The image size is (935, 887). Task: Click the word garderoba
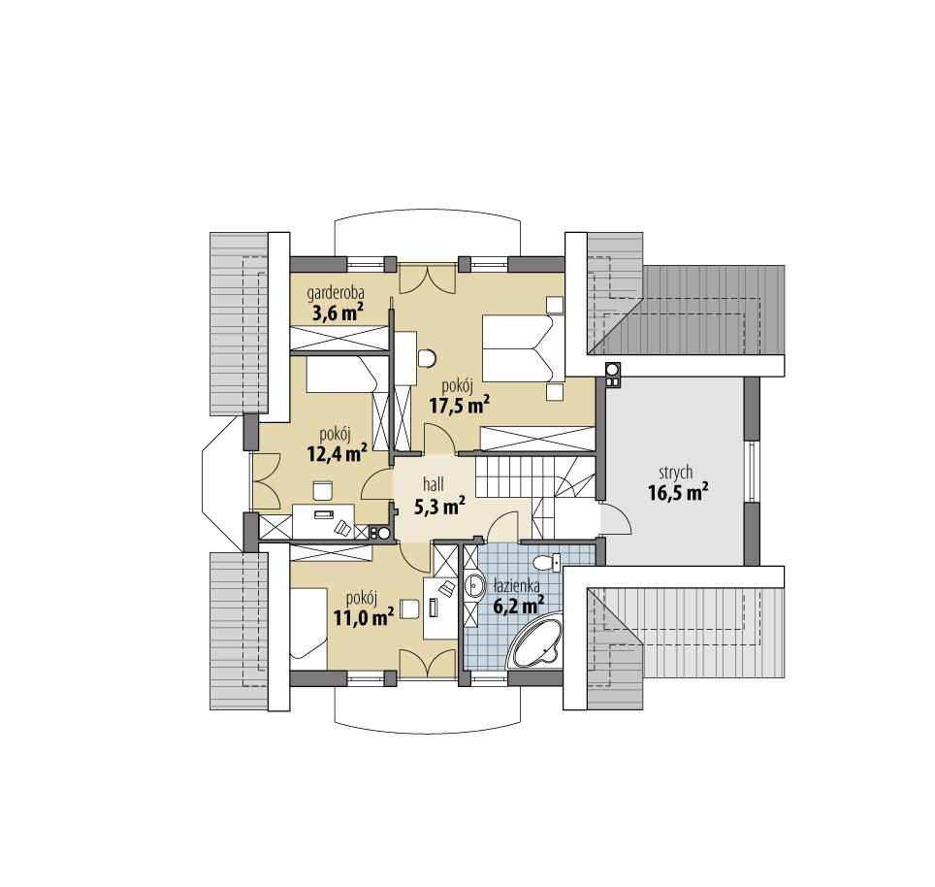pos(336,292)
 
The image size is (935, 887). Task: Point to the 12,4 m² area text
pos(337,451)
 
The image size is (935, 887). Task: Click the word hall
pos(433,483)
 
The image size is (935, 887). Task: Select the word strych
pos(676,472)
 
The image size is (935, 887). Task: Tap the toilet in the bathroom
pos(546,562)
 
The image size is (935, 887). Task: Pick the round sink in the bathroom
pos(475,585)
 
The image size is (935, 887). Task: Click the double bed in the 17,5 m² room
pos(522,349)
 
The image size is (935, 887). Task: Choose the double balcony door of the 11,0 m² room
pos(426,665)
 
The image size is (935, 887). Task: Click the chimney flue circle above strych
pos(612,369)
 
